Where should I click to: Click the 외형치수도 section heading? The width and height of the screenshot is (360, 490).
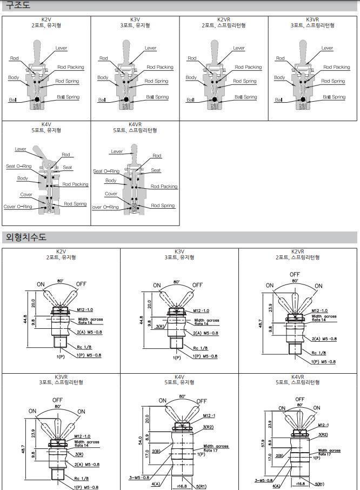tap(26, 237)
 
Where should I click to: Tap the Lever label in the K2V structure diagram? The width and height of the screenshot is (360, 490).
tap(61, 48)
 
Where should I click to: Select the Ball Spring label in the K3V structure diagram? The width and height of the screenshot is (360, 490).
tap(157, 97)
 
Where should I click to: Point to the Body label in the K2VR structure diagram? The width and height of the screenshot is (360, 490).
tap(191, 77)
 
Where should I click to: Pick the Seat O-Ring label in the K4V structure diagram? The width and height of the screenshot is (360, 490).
tap(19, 166)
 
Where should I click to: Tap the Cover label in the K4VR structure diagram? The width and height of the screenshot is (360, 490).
tap(111, 194)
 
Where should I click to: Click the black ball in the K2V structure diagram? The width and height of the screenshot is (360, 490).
tap(37, 100)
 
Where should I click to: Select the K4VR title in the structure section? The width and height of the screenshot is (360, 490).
tap(135, 124)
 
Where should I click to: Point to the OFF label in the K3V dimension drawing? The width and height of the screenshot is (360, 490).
tap(197, 285)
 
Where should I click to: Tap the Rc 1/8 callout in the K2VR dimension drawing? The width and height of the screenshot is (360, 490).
tap(319, 353)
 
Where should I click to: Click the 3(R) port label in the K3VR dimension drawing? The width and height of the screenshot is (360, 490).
tap(79, 454)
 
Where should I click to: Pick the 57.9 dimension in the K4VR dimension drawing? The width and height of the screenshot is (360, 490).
tap(262, 442)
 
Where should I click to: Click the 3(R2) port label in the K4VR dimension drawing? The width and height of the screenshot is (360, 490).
tap(323, 434)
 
